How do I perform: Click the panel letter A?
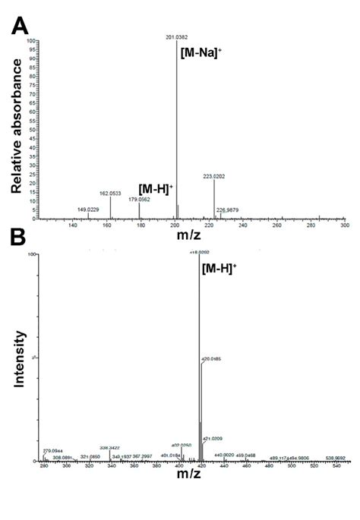[20, 27]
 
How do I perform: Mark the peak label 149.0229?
[89, 209]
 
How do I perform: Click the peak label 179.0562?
[139, 199]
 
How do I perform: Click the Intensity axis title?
[22, 359]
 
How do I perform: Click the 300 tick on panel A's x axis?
[345, 225]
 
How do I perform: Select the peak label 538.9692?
[336, 459]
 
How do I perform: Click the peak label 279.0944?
[53, 449]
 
